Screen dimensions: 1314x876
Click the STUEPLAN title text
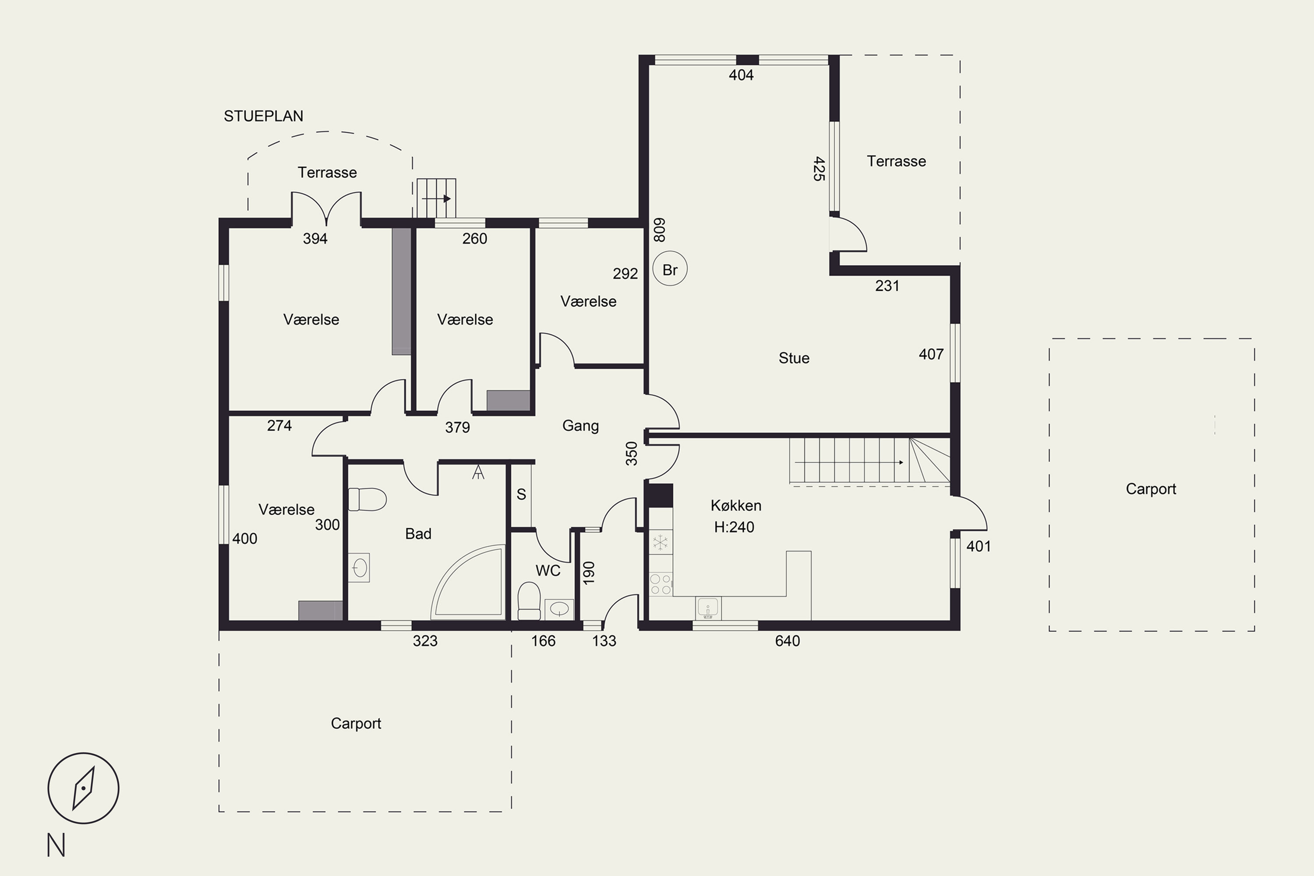pyautogui.click(x=263, y=116)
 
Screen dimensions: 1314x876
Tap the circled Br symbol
pyautogui.click(x=670, y=269)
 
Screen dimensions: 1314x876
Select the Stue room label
pyautogui.click(x=794, y=358)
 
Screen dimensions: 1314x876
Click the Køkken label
pyautogui.click(x=736, y=505)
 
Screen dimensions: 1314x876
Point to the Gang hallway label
pyautogui.click(x=580, y=426)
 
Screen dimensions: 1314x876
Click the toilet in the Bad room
pyautogui.click(x=367, y=499)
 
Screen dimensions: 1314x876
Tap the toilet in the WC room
pyautogui.click(x=529, y=601)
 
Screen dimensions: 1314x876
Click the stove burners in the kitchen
pyautogui.click(x=661, y=584)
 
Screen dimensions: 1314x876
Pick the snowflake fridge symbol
pyautogui.click(x=661, y=542)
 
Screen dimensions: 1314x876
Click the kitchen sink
pyautogui.click(x=708, y=608)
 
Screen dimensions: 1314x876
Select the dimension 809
pyautogui.click(x=659, y=230)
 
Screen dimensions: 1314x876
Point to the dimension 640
pyautogui.click(x=787, y=641)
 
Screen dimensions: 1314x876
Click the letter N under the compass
pyautogui.click(x=56, y=845)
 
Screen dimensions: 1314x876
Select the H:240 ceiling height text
pyautogui.click(x=734, y=527)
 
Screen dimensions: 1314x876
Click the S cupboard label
pyautogui.click(x=521, y=495)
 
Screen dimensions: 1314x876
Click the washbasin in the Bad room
pyautogui.click(x=359, y=568)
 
